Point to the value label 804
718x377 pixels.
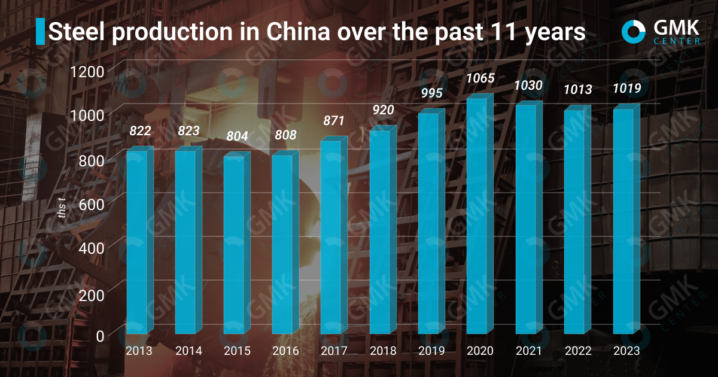(236, 136)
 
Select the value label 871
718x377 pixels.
(333, 121)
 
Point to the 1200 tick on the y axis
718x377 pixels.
(87, 72)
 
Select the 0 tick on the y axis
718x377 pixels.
(99, 336)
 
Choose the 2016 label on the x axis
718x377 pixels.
(285, 351)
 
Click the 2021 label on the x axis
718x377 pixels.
(528, 351)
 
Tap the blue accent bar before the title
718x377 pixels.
(40, 31)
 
